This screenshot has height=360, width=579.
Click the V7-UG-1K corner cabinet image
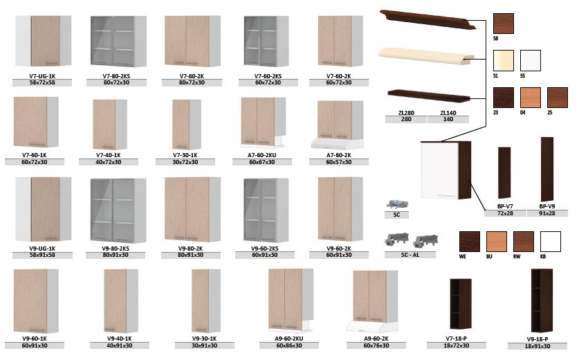[43, 41]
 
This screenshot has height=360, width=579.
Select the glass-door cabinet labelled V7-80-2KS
[118, 42]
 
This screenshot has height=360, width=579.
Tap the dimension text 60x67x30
[261, 162]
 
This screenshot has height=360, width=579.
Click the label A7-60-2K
[338, 155]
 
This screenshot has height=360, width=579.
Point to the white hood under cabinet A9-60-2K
[372, 326]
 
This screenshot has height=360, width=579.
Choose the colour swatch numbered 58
[504, 24]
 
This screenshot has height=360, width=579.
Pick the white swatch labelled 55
[531, 61]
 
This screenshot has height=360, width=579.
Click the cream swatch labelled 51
[504, 61]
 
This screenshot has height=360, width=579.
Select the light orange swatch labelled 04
[531, 98]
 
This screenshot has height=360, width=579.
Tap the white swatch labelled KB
[550, 242]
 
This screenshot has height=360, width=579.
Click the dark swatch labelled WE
[469, 242]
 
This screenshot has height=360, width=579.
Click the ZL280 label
[406, 113]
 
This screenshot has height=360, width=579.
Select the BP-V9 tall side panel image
[547, 170]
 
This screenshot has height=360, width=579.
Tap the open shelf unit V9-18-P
[542, 300]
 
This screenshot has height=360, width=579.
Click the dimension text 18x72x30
[457, 345]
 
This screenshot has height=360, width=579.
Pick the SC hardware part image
[397, 204]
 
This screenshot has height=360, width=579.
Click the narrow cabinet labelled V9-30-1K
[205, 301]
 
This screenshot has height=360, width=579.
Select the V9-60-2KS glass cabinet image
[266, 210]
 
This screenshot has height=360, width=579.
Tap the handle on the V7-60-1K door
[37, 145]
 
